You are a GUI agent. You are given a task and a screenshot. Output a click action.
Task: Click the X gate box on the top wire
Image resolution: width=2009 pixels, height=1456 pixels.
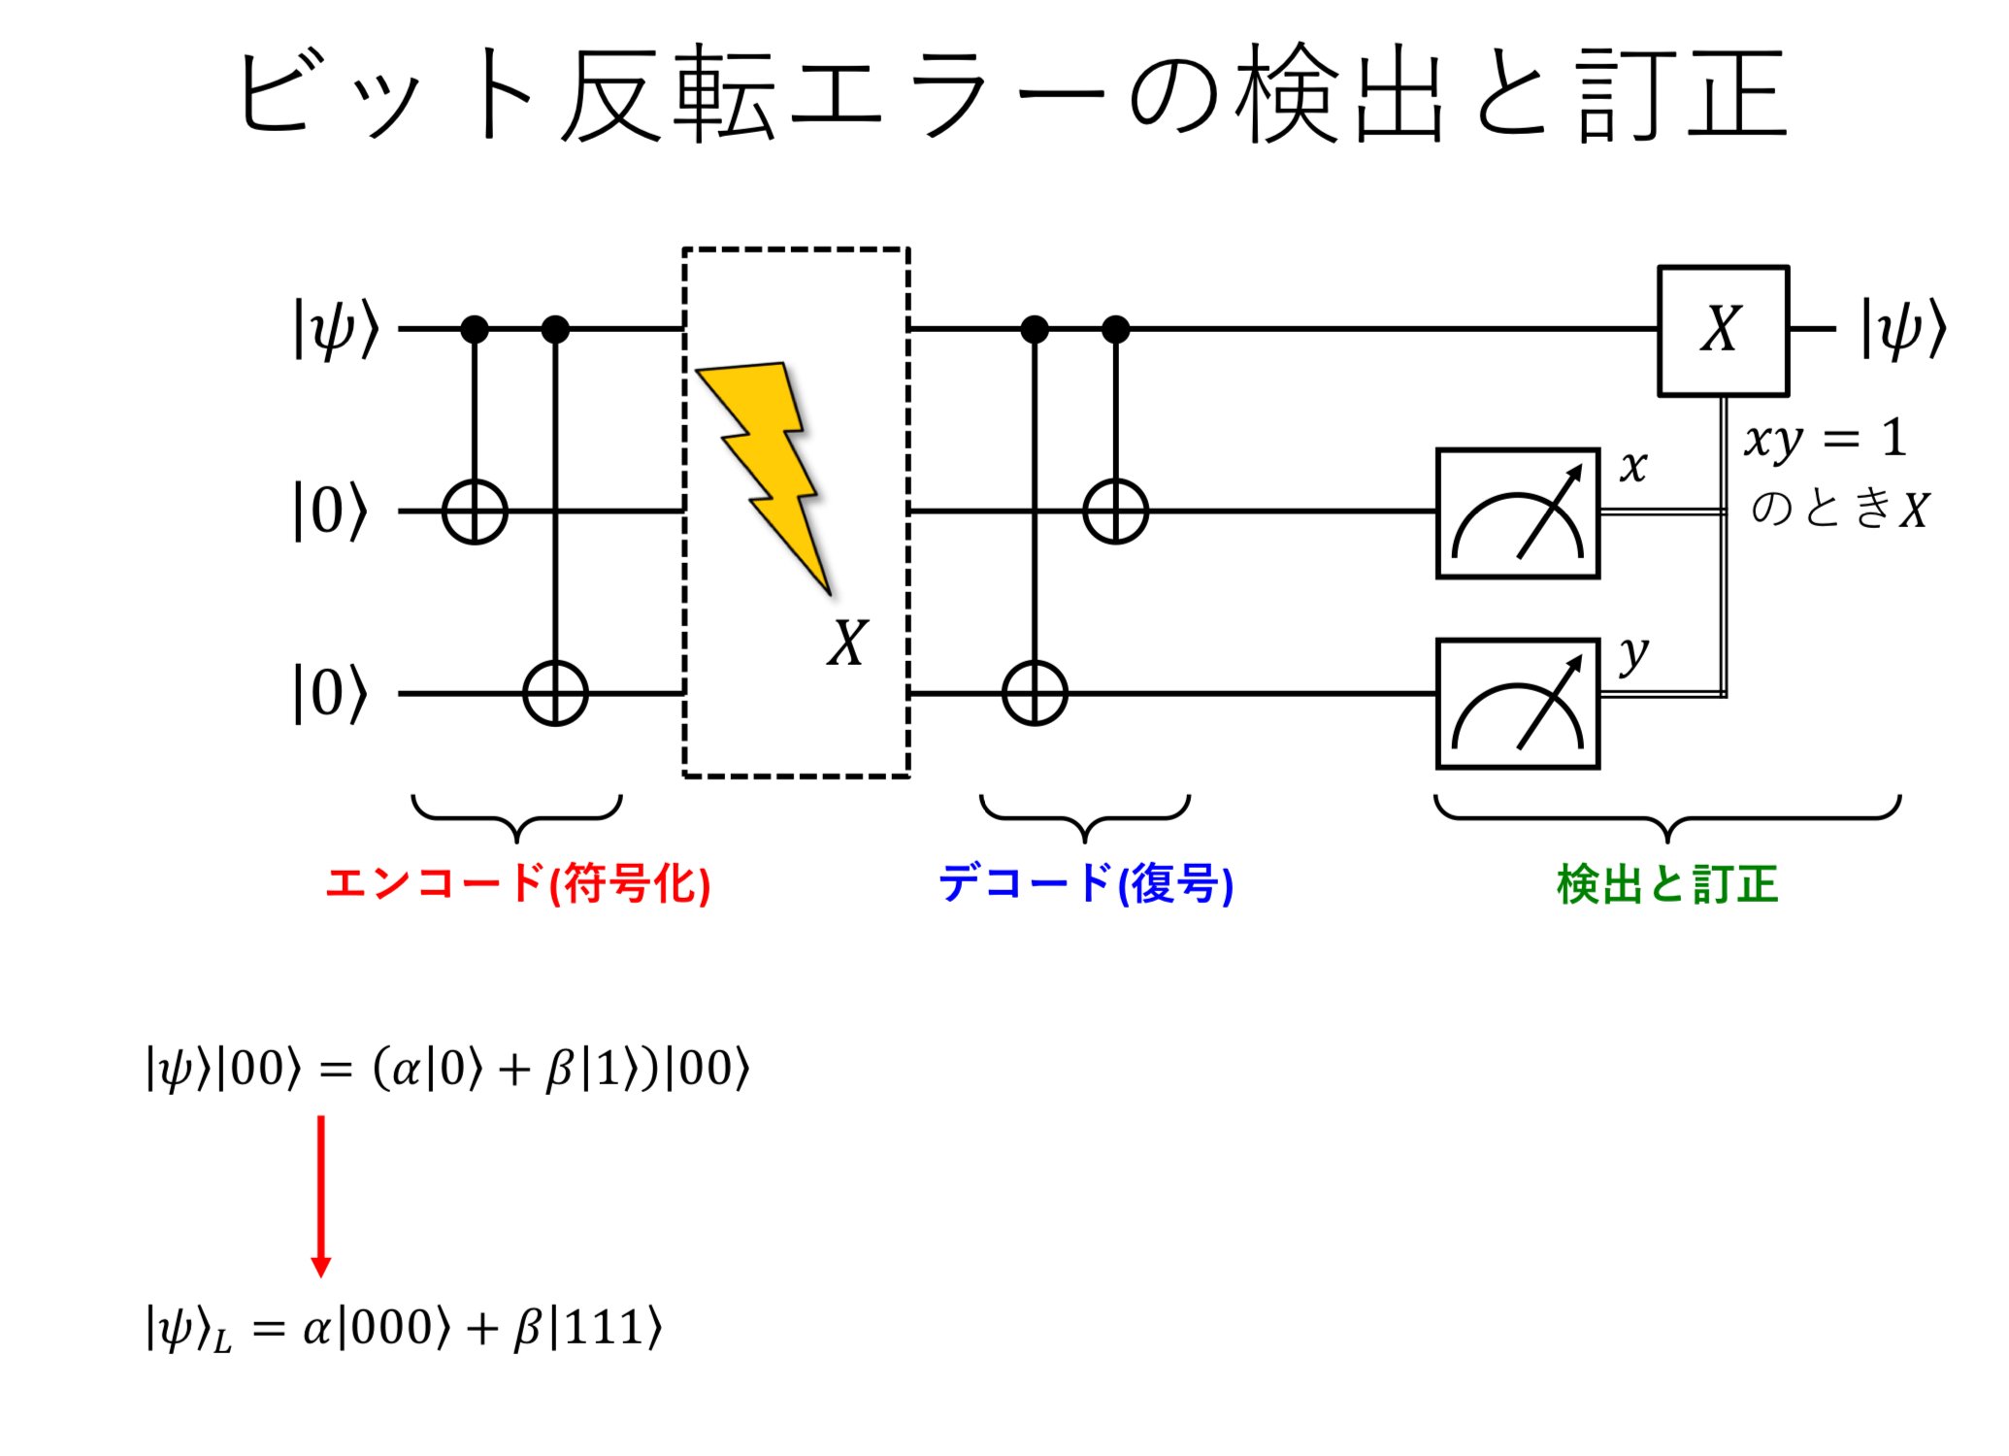[x=1723, y=330]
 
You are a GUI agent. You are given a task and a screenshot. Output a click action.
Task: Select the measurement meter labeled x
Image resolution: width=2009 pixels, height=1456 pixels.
[x=1517, y=513]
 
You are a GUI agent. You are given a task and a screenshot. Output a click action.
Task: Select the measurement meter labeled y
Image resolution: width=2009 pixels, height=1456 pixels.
[x=1517, y=704]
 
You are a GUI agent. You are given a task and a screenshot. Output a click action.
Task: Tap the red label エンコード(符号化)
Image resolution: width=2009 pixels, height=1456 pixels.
[x=517, y=883]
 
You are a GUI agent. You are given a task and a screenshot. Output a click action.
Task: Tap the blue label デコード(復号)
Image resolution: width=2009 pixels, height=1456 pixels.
[x=1085, y=883]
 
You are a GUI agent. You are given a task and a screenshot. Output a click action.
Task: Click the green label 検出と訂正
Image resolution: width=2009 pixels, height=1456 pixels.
[x=1666, y=883]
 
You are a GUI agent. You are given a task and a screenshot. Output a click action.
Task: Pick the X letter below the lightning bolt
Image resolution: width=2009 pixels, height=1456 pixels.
[x=847, y=643]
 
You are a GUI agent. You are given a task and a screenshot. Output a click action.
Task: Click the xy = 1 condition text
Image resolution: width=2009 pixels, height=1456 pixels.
[x=1825, y=439]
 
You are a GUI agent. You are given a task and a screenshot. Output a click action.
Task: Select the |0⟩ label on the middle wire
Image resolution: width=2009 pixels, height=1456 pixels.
[x=331, y=512]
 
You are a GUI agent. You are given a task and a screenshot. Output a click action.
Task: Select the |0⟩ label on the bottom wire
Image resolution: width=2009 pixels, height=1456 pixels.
[x=331, y=694]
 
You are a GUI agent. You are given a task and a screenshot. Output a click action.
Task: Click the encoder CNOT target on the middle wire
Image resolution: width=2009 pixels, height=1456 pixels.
[x=475, y=512]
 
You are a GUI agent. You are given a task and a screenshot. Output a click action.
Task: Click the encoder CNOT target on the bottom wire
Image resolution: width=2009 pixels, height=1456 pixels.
[x=555, y=694]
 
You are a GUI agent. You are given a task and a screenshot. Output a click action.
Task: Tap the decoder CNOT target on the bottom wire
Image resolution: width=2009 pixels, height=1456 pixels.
[x=1035, y=694]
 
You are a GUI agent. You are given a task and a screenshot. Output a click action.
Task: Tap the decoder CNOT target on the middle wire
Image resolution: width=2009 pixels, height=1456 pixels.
[x=1116, y=512]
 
